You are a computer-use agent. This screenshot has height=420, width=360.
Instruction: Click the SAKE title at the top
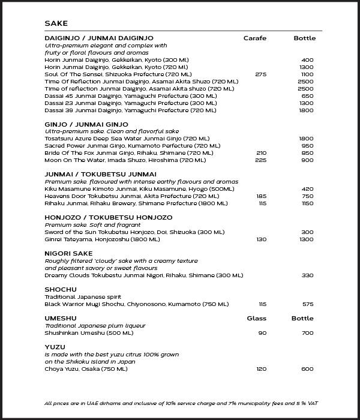pos(56,23)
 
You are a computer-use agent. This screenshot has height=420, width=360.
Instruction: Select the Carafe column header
pos(254,38)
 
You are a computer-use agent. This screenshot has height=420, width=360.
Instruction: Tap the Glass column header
pos(256,319)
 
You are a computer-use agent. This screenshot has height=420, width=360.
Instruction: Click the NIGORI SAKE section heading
pos(68,254)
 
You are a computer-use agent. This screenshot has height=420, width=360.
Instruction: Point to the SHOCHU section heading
pos(61,290)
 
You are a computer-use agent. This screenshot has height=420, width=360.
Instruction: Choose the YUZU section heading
pos(55,347)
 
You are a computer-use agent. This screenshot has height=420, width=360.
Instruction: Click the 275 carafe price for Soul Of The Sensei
pos(260,74)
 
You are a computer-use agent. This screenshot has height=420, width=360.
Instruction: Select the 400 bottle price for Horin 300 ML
pos(307,60)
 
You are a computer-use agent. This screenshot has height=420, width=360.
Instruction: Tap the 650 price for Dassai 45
pos(307,96)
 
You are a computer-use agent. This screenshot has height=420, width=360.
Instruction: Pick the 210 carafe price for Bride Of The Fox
pos(260,153)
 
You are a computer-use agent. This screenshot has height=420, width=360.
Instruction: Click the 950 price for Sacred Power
pos(307,146)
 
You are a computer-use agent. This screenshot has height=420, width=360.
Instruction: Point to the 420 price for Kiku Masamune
pos(307,189)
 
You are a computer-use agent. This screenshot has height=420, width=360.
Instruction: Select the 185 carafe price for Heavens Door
pos(260,196)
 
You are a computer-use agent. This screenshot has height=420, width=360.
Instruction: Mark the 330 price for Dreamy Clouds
pos(307,275)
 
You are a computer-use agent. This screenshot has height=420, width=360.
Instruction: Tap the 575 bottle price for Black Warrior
pos(307,304)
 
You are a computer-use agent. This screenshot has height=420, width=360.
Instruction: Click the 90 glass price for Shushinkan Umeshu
pos(262,333)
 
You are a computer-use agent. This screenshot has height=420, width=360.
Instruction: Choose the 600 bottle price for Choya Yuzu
pos(307,369)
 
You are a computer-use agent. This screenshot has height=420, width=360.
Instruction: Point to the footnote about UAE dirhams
pos(179,403)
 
